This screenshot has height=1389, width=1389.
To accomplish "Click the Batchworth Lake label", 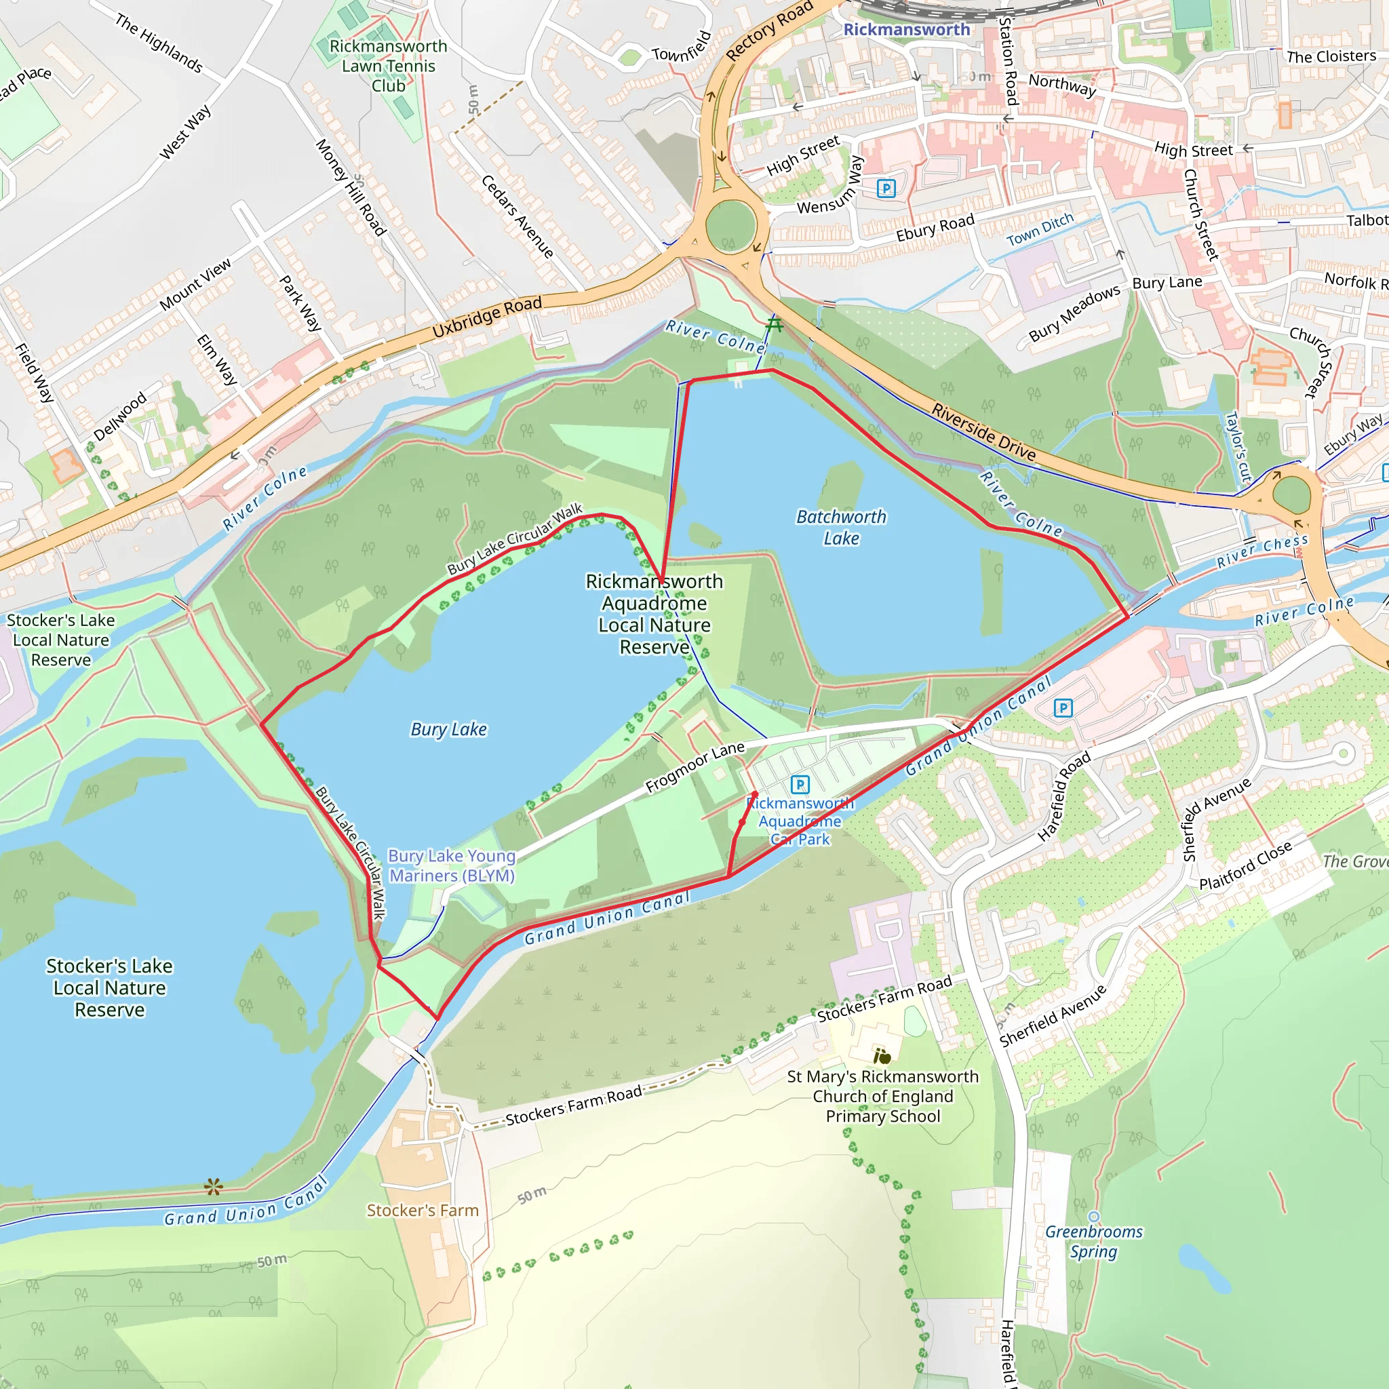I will click(841, 528).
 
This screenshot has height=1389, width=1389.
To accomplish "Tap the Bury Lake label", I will click(448, 729).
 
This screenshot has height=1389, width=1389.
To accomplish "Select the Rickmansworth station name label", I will click(906, 29).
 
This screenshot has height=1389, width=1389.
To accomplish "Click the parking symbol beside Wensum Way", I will click(886, 189).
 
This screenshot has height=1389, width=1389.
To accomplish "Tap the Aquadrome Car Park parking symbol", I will click(800, 785).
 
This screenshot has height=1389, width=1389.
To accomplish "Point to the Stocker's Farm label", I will click(423, 1211).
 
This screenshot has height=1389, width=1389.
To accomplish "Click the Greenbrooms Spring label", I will click(1093, 1242).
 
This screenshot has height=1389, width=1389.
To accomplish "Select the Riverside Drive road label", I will click(983, 432).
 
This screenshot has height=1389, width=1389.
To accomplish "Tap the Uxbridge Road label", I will click(487, 317).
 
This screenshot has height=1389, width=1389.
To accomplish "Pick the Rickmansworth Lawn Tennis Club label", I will click(388, 65).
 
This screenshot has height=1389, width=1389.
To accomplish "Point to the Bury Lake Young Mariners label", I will click(452, 865).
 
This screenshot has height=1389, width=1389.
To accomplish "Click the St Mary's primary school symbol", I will click(882, 1056).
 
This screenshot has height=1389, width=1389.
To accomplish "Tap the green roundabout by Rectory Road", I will click(730, 227).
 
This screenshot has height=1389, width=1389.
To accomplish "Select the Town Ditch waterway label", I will click(1040, 229).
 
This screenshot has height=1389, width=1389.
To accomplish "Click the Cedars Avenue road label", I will click(517, 216).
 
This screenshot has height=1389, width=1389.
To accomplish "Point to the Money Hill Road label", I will click(351, 188).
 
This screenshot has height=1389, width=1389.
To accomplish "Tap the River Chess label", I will click(1261, 551).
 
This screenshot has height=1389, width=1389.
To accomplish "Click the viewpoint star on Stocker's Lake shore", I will click(213, 1187).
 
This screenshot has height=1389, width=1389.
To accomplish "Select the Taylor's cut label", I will click(1237, 446).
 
